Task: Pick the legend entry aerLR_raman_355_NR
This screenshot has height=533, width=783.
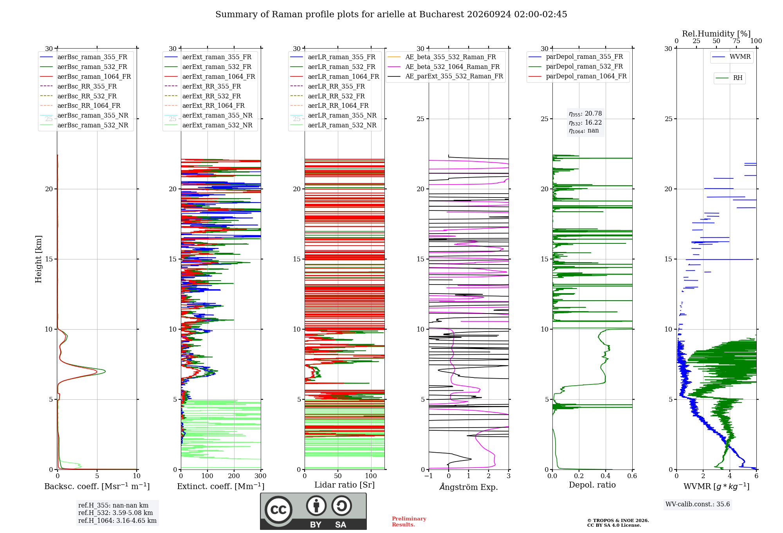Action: [333, 115]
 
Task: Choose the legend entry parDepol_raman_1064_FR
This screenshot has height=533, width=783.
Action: [577, 76]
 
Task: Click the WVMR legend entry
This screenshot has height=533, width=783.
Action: [731, 57]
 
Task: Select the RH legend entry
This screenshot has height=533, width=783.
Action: [729, 78]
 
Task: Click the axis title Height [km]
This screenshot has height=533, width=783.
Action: [38, 259]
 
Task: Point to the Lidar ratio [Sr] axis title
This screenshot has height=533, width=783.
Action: [345, 485]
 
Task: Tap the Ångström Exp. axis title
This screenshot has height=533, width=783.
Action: [469, 487]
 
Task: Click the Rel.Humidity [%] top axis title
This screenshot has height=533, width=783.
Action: [716, 34]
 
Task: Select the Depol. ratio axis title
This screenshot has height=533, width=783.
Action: [592, 485]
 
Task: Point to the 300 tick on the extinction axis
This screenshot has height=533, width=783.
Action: [261, 476]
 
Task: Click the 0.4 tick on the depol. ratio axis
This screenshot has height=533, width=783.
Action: [606, 476]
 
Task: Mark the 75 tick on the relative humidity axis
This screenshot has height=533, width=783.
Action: [736, 41]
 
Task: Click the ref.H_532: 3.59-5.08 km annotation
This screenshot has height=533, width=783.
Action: [115, 513]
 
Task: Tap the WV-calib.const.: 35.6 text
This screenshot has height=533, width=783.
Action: [698, 504]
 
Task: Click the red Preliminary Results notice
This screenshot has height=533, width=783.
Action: [409, 522]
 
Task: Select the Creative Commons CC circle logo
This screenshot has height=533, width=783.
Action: [278, 509]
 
